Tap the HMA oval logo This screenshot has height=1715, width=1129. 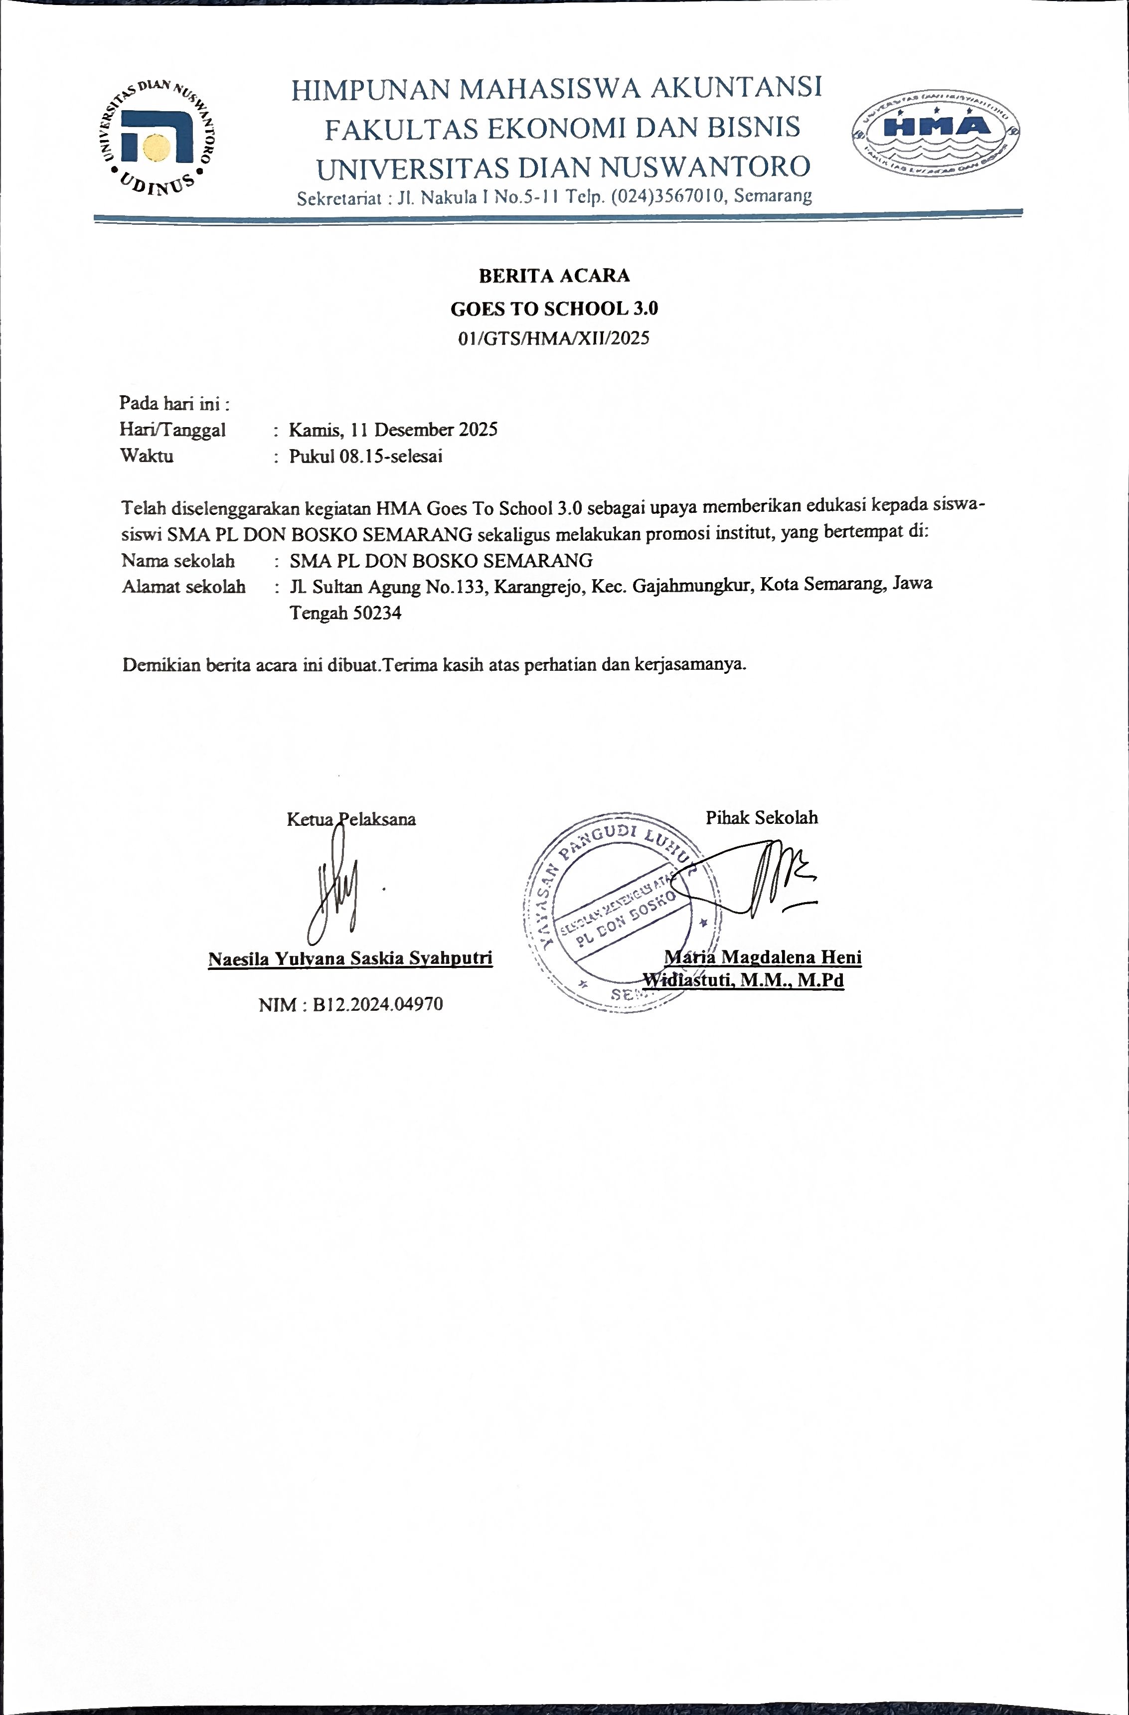(935, 133)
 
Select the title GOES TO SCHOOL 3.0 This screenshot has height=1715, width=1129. (554, 309)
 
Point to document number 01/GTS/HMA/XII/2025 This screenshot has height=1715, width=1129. (554, 338)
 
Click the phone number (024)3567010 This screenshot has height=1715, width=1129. (668, 196)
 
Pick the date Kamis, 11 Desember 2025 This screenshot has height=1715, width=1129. (393, 430)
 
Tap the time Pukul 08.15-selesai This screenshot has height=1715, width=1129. (365, 456)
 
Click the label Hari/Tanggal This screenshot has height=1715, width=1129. (172, 430)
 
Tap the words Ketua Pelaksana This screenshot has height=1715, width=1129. (351, 819)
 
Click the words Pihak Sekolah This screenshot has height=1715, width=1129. (762, 818)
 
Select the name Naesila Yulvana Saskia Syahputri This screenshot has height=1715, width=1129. (350, 959)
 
